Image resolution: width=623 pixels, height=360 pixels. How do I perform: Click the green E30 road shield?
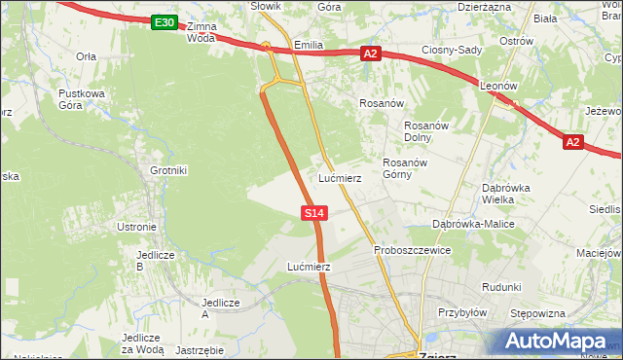pyautogui.click(x=165, y=22)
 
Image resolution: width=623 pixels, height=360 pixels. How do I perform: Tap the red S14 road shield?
pyautogui.click(x=312, y=211)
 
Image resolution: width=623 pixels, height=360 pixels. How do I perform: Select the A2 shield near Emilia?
pyautogui.click(x=370, y=54)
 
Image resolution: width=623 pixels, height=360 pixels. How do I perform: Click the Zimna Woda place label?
pyautogui.click(x=201, y=32)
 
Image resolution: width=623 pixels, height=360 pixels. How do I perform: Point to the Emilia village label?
pyautogui.click(x=308, y=45)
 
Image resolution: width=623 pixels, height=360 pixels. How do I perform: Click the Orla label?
pyautogui.click(x=86, y=56)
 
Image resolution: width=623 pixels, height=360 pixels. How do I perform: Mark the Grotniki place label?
pyautogui.click(x=167, y=170)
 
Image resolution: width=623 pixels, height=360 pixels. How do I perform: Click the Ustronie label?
pyautogui.click(x=136, y=227)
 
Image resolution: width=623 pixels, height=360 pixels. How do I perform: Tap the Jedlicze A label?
pyautogui.click(x=220, y=307)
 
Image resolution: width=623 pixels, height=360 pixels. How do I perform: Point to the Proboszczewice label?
pyautogui.click(x=413, y=250)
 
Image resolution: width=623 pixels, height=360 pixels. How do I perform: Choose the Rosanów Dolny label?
pyautogui.click(x=424, y=131)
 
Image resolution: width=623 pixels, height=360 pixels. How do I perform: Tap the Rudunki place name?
pyautogui.click(x=501, y=287)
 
